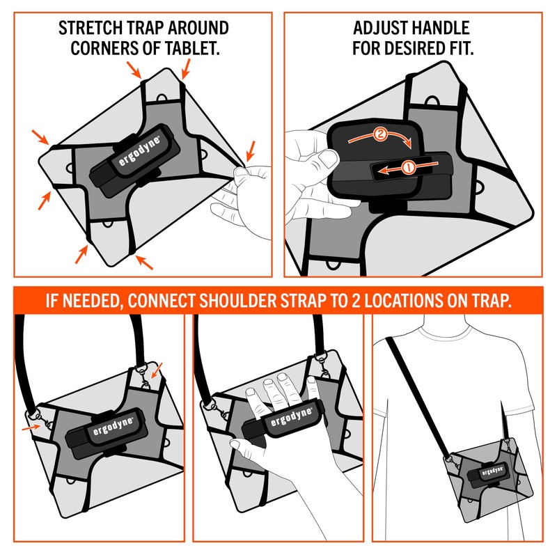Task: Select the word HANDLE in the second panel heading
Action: click(x=433, y=29)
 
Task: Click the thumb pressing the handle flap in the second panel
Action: click(x=322, y=159)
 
